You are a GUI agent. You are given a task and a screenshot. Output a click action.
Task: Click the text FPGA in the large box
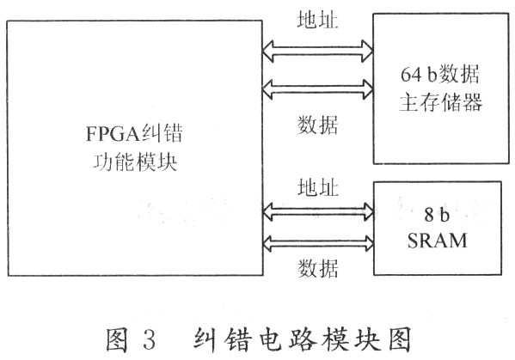113,133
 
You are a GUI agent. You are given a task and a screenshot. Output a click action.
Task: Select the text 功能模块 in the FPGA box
135,162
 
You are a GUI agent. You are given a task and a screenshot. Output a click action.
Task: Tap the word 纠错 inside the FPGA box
162,133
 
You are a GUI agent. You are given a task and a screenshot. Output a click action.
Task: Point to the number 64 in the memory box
411,74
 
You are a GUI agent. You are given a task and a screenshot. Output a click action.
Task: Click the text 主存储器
440,102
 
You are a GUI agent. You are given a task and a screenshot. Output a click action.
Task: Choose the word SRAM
437,241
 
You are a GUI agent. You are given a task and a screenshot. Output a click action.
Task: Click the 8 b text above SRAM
437,215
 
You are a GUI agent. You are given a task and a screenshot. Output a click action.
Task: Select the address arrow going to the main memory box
317,52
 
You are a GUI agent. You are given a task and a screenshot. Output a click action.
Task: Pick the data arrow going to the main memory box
317,89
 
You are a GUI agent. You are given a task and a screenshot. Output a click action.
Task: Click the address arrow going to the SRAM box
318,211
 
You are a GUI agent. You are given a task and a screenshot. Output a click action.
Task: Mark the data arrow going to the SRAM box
318,243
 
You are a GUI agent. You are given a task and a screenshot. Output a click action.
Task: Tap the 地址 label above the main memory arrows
317,20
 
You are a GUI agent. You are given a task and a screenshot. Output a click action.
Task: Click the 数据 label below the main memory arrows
317,125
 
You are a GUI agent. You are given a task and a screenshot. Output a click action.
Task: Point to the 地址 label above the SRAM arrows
318,187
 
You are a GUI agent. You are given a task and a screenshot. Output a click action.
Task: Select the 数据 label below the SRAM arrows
318,268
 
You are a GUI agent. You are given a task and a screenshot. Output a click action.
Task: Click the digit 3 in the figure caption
149,339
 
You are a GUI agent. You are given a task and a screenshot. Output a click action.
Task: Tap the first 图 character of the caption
117,339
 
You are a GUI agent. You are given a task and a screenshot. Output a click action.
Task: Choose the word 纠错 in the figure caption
223,339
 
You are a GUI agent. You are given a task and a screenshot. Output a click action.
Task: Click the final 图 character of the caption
400,339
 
